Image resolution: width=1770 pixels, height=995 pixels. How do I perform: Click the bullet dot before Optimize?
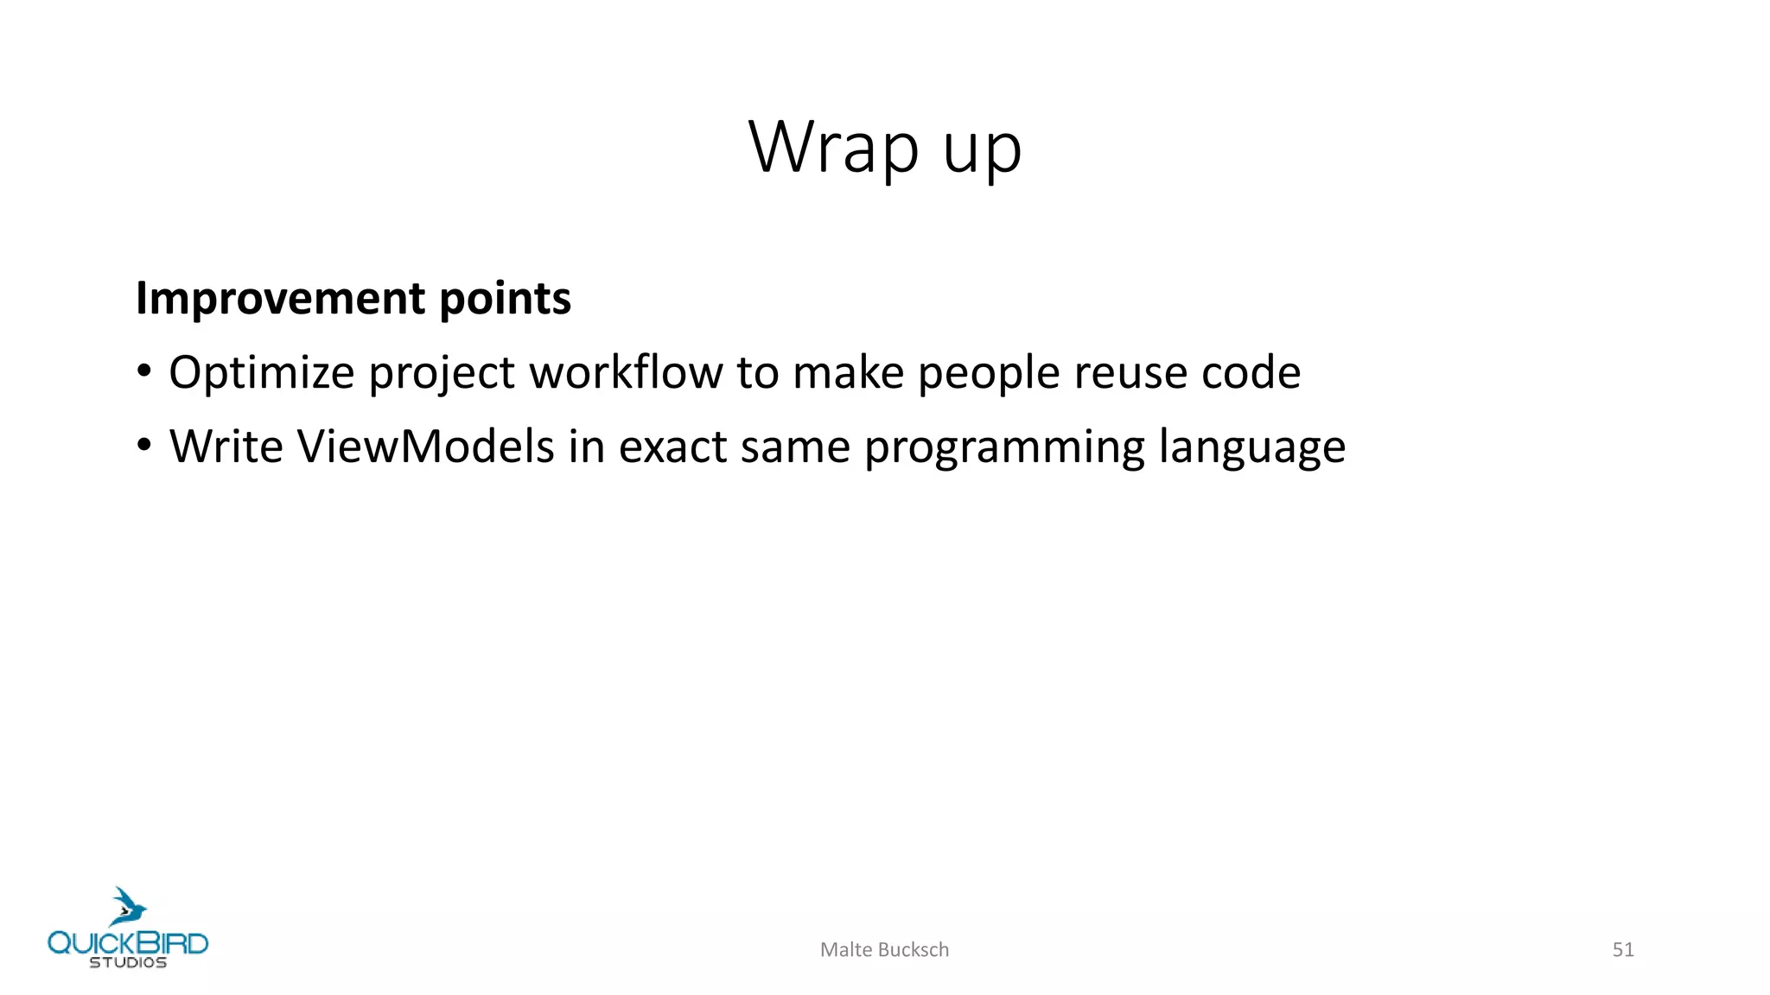click(144, 372)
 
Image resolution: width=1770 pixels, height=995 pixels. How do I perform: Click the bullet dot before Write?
click(144, 447)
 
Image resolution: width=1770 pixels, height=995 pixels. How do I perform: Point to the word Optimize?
click(261, 374)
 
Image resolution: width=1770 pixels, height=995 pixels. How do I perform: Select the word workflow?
click(626, 372)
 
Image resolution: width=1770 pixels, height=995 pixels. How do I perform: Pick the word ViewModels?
click(425, 447)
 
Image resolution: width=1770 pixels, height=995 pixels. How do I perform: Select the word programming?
click(1003, 448)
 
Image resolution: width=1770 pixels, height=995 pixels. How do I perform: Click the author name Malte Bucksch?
click(884, 950)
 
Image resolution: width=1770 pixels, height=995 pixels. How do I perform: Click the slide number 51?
click(1622, 950)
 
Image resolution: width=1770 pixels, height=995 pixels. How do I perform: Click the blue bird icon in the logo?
click(128, 907)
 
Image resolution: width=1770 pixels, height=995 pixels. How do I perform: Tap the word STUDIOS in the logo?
click(128, 963)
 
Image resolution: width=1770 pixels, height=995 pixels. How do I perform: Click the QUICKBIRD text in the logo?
click(128, 942)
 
